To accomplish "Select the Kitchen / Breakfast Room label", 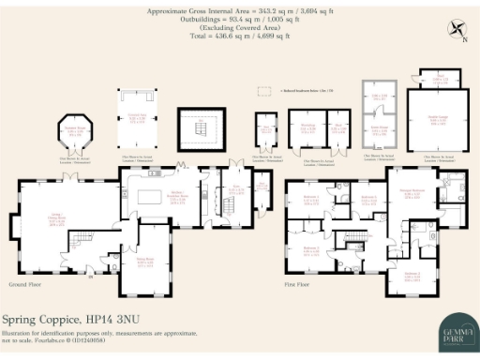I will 174,197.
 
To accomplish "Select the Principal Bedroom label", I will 411,192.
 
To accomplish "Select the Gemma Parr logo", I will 456,331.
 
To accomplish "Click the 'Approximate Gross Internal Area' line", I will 215,11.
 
